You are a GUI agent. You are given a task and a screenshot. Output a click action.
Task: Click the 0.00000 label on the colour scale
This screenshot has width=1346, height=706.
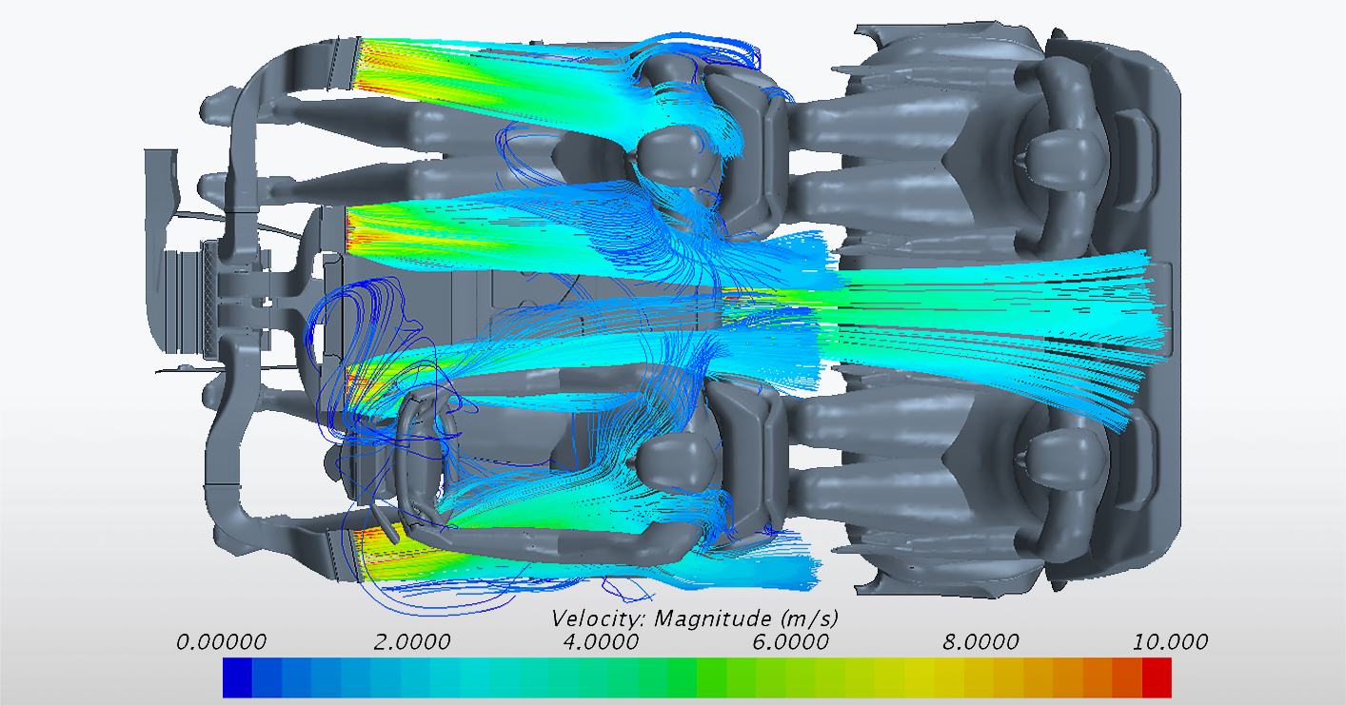[221, 641]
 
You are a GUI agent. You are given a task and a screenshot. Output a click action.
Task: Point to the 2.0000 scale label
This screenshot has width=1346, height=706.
[411, 641]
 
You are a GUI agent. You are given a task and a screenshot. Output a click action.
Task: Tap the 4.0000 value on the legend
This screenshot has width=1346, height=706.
[601, 641]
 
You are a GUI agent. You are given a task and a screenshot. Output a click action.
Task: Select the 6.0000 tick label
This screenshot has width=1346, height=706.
[791, 641]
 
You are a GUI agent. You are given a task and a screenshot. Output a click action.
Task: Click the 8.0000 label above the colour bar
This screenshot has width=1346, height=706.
[980, 641]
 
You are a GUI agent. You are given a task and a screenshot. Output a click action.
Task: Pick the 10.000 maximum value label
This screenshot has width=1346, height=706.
[1171, 641]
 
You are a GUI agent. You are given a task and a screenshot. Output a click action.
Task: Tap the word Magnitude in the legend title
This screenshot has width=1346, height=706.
[713, 618]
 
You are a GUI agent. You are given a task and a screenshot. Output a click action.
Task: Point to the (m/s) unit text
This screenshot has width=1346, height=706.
[809, 618]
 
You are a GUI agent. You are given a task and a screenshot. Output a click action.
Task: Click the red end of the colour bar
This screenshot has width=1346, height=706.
[1157, 677]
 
